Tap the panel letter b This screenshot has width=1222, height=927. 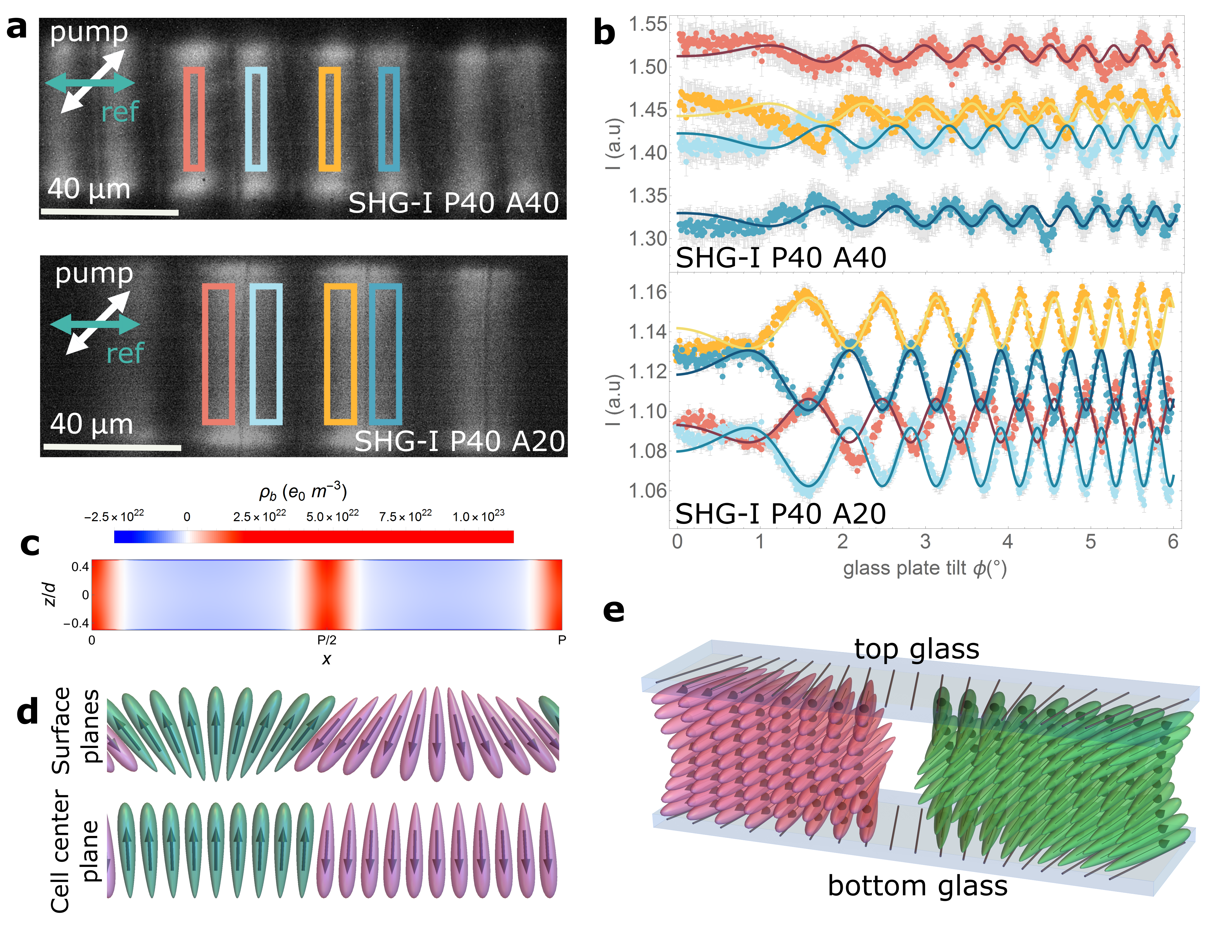coord(604,33)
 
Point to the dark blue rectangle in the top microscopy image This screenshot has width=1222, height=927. coord(389,119)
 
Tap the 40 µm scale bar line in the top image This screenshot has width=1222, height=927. coord(109,212)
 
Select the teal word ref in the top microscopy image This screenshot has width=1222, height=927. coord(120,112)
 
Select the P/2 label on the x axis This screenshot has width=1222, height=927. coord(326,640)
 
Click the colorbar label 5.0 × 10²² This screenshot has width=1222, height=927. coord(332,516)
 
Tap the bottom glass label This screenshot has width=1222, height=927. coord(917,886)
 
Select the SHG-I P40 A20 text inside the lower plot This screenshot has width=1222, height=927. coord(780,514)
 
